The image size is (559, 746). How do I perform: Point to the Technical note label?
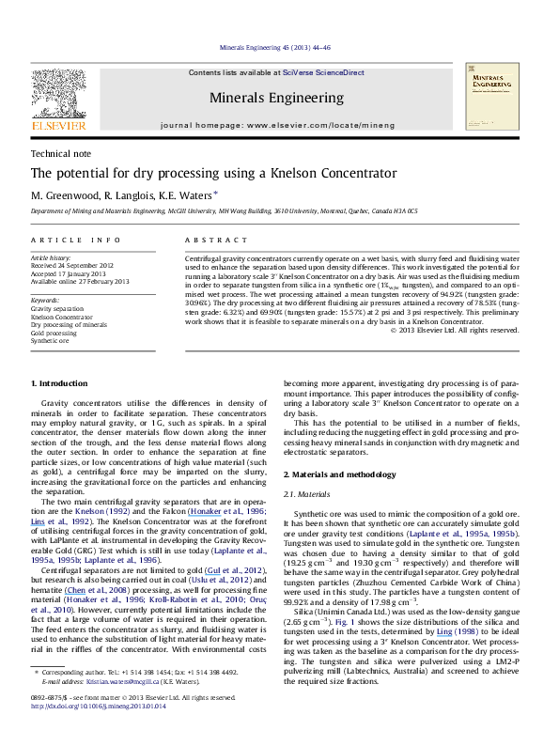click(55, 152)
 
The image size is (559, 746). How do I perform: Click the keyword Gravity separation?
click(56, 308)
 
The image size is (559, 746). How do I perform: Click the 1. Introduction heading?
click(59, 410)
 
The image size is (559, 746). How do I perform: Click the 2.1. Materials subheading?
click(305, 495)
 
